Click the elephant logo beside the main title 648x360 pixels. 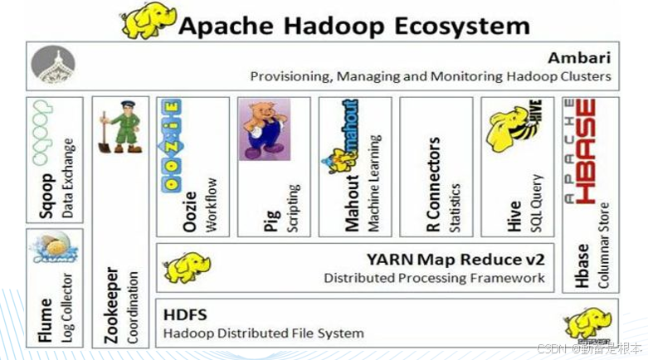(x=149, y=21)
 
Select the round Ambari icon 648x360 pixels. (x=53, y=65)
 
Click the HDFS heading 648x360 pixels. (x=185, y=314)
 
